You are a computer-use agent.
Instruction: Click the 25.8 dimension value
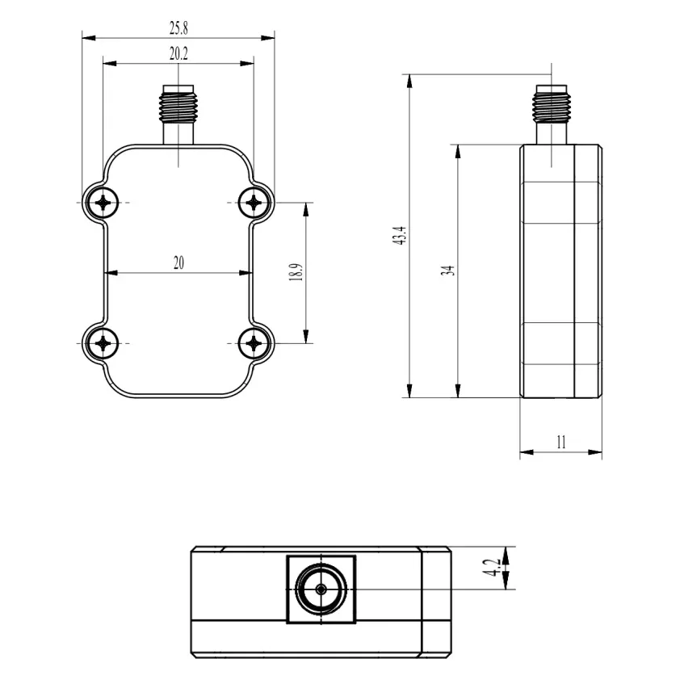point(178,28)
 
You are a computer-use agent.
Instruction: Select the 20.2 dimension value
point(178,54)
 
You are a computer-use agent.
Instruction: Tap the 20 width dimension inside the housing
point(178,262)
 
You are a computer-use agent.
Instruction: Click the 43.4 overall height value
point(400,236)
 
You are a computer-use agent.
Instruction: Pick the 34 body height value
point(449,271)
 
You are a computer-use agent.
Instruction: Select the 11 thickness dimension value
point(561,443)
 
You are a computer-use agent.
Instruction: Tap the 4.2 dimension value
point(493,567)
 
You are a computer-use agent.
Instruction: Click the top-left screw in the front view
point(103,203)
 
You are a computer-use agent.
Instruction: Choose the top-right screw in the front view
point(254,203)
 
